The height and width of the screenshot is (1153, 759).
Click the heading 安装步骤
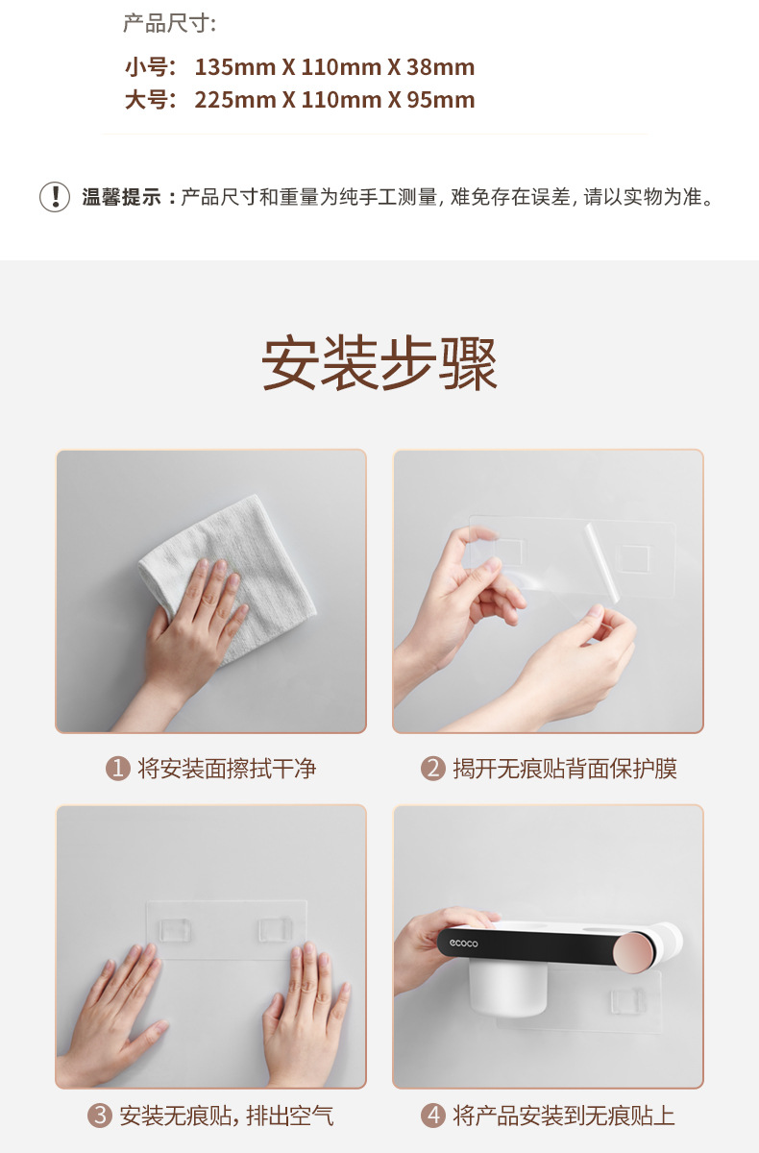pos(379,364)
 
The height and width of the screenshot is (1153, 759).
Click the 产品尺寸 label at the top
pos(169,24)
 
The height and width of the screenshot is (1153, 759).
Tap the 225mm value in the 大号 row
pos(235,100)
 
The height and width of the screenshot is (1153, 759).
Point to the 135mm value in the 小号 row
pos(235,67)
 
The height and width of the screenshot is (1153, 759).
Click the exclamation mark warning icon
pos(55,197)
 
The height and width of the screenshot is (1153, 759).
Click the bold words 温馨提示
pos(121,198)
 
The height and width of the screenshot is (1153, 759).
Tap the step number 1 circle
pos(117,769)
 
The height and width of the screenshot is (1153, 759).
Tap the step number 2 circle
pos(433,769)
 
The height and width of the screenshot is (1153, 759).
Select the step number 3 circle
pos(100,1116)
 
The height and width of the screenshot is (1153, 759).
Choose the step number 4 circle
pos(433,1116)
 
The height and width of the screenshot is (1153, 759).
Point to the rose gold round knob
pos(638,946)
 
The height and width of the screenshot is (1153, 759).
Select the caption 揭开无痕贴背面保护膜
pos(565,769)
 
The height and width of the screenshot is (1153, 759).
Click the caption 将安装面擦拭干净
pos(227,769)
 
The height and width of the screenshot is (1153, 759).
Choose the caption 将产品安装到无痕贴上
pos(564,1116)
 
